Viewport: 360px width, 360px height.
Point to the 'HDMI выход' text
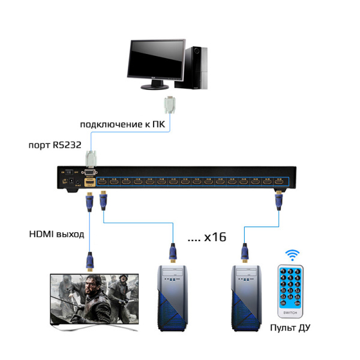[57, 233]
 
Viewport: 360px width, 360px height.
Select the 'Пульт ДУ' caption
[291, 328]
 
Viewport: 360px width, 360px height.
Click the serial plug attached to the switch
[91, 161]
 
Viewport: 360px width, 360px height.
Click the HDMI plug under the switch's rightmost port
[278, 199]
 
